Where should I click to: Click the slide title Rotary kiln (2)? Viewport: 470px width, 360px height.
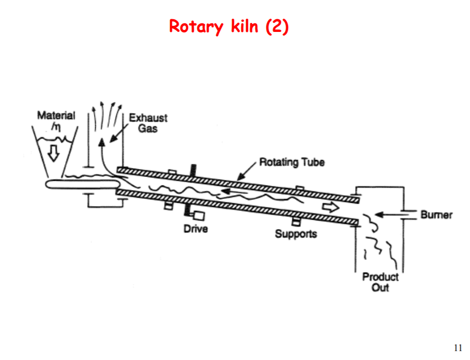tap(229, 26)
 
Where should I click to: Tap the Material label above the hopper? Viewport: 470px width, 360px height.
tap(56, 115)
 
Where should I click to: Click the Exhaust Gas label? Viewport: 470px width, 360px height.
tap(148, 123)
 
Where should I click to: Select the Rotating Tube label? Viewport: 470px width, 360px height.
tap(292, 162)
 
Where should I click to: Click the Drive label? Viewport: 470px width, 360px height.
tap(196, 229)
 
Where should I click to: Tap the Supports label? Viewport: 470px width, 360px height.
tap(296, 233)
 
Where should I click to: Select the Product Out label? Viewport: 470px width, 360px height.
tap(380, 282)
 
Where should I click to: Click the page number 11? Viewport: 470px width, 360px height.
tap(458, 348)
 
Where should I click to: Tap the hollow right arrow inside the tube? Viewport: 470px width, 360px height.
tap(330, 207)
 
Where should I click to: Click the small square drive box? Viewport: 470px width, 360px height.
tap(199, 216)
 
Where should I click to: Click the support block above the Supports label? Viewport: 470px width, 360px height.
tap(296, 222)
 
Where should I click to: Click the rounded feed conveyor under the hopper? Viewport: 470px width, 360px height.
tap(80, 184)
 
